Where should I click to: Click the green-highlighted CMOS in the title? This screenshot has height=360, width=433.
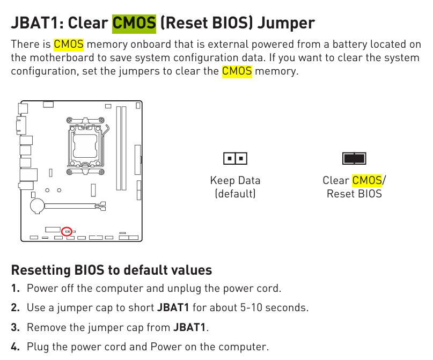click(x=134, y=23)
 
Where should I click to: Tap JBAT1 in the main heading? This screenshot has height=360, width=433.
click(x=34, y=23)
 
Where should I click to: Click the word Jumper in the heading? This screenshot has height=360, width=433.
click(x=286, y=23)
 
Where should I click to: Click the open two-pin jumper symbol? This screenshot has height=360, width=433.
click(x=235, y=158)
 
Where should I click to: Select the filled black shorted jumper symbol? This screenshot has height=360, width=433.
click(x=354, y=158)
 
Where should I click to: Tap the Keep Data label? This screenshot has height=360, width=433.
click(x=235, y=180)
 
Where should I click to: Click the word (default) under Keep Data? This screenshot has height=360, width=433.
click(x=235, y=194)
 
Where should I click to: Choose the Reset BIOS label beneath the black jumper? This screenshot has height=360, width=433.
click(x=354, y=194)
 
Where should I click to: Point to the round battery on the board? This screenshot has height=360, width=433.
click(x=37, y=206)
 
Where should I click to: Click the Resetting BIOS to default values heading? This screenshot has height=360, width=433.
click(x=112, y=270)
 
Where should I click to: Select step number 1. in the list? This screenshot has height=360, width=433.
click(x=16, y=288)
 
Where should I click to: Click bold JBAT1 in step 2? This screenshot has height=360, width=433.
click(x=173, y=307)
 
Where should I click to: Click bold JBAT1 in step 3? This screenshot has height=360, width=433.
click(x=189, y=327)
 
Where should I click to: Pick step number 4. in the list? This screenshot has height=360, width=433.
click(x=16, y=347)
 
